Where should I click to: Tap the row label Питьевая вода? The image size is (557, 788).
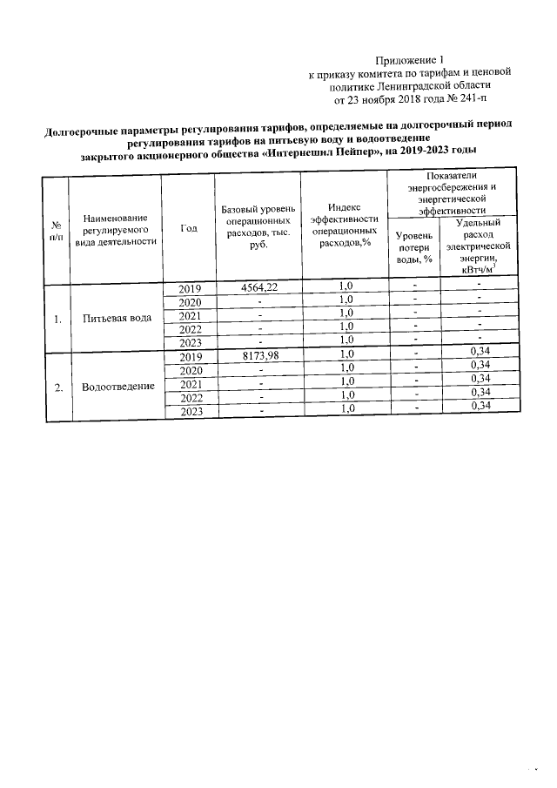coord(117,318)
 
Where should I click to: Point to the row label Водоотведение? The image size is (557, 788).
coord(117,386)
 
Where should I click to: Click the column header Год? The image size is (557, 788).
coord(189,228)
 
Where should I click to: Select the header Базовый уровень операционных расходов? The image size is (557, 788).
coord(258,228)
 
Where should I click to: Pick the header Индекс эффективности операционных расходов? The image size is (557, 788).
coord(345,228)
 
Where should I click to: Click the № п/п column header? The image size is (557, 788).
coord(57,229)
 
